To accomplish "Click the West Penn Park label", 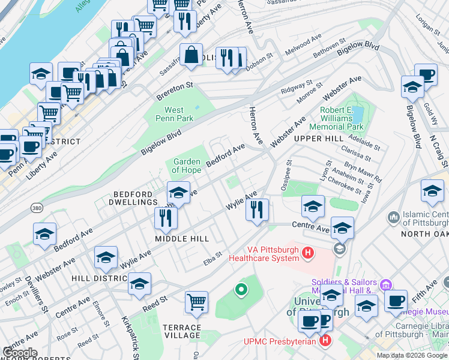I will coord(174,114).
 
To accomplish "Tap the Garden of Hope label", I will coord(187,166).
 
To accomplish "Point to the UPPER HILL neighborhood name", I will coord(318,139).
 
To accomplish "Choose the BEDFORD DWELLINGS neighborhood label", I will coord(135,199).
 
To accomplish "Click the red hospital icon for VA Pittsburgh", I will coord(308,254).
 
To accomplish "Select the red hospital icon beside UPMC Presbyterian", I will coord(325,341).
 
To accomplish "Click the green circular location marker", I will coord(241,290).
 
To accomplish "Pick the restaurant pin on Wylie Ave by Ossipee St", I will coord(257,210).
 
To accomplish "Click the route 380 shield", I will coord(37,207).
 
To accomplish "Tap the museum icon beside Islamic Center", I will coord(394,216).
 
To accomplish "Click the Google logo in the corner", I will coord(20,353).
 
